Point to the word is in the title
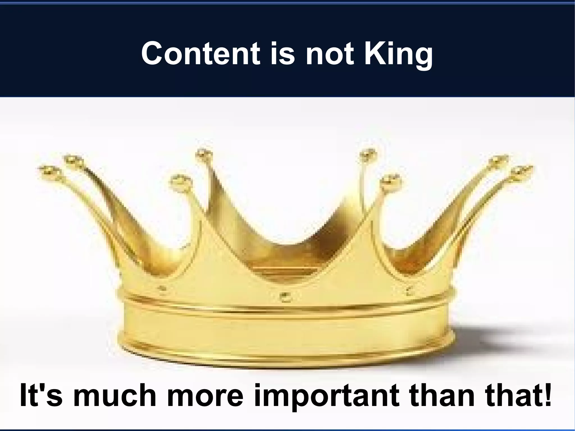point(282,53)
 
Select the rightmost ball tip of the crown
point(522,171)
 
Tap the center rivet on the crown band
point(285,296)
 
